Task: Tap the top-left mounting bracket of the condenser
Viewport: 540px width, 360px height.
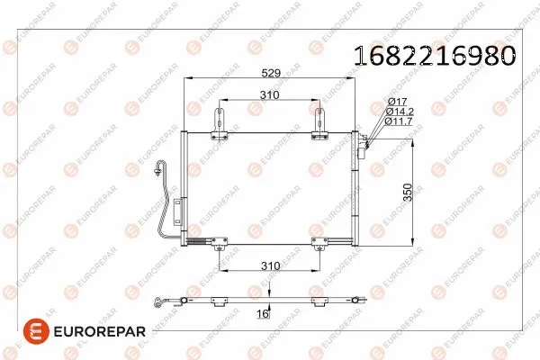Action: (x=220, y=125)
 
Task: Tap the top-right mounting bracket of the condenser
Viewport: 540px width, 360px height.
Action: (x=321, y=125)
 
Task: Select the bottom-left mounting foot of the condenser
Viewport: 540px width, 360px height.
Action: (x=220, y=241)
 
